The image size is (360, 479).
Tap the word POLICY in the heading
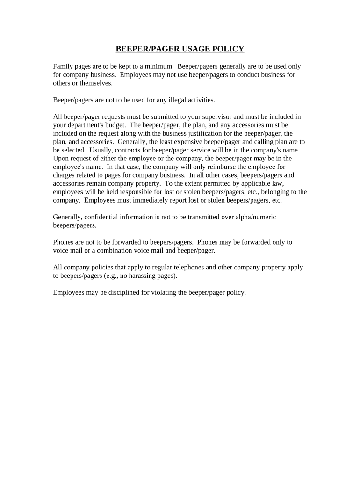tap(228, 49)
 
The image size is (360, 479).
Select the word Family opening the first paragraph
tap(64, 66)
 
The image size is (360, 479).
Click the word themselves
tap(96, 83)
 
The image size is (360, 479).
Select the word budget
tap(115, 125)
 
